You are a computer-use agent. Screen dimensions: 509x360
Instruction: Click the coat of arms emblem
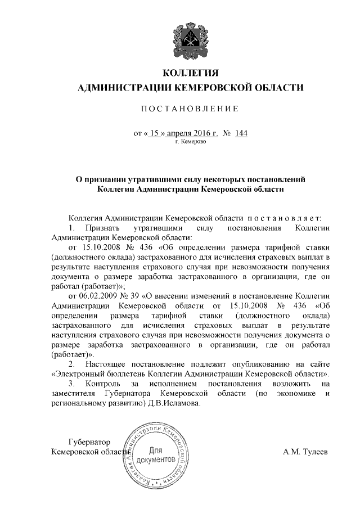[x=190, y=39]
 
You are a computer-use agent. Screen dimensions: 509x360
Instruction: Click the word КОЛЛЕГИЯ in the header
[x=190, y=73]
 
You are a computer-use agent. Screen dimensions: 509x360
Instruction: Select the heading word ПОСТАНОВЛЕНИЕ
[x=190, y=107]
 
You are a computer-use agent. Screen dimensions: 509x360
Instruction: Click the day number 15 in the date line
[x=155, y=134]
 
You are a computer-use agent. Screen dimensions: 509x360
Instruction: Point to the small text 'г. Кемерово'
[x=191, y=142]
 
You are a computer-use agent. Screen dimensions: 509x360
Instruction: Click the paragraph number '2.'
[x=71, y=363]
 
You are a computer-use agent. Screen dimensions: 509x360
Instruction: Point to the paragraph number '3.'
[x=71, y=383]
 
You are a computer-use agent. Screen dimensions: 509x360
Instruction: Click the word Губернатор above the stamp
[x=89, y=442]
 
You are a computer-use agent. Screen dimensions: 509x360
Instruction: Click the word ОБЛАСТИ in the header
[x=277, y=87]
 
